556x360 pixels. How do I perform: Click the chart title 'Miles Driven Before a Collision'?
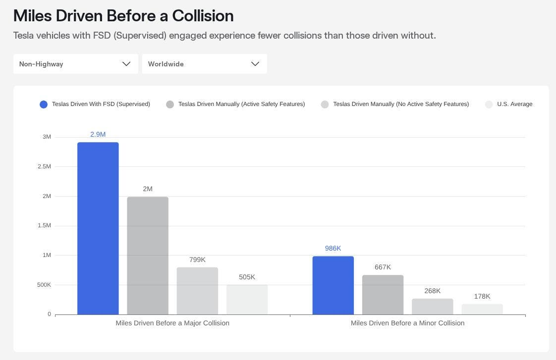point(123,16)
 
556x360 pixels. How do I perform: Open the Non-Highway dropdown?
point(75,64)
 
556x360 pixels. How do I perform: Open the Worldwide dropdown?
point(204,64)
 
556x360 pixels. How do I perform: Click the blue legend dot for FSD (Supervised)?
point(44,104)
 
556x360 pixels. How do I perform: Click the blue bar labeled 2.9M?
point(98,228)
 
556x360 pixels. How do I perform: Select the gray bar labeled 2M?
point(148,256)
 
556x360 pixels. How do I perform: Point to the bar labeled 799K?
point(197,291)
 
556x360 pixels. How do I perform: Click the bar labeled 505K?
point(247,300)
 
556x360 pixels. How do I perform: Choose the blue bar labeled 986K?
point(333,285)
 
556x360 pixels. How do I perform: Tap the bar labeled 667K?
point(383,295)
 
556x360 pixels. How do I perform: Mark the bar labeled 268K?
point(432,307)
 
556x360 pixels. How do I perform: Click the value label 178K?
point(482,296)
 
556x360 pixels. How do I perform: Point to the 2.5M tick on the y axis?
point(44,166)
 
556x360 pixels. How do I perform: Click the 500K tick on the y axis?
point(44,285)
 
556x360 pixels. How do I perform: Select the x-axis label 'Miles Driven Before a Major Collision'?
point(172,323)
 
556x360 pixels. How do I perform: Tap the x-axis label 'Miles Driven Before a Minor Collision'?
point(407,323)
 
